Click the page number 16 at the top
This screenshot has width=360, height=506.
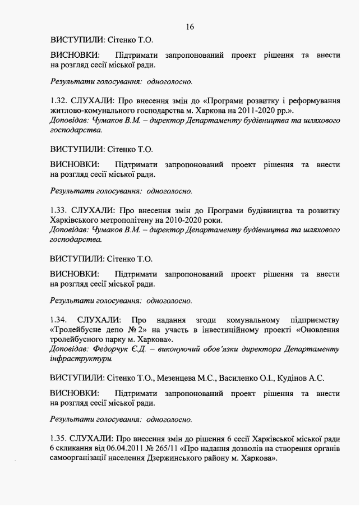point(190,26)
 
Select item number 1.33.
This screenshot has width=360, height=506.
point(59,210)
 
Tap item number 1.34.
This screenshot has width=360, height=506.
point(59,319)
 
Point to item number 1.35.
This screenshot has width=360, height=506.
point(59,438)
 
